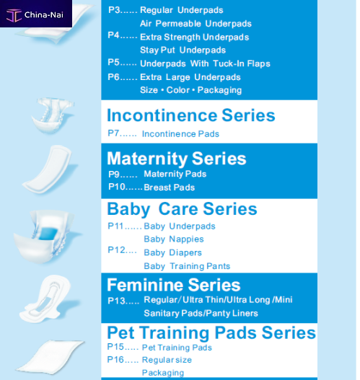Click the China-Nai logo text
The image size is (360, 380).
click(x=44, y=14)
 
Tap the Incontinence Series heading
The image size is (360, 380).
click(x=190, y=115)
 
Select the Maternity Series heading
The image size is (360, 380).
click(x=176, y=159)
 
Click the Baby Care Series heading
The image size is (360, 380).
click(x=182, y=209)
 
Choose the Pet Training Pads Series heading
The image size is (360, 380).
click(x=211, y=332)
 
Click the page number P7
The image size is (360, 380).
click(x=117, y=133)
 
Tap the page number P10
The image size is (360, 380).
click(x=118, y=187)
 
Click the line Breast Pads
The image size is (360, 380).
click(x=169, y=187)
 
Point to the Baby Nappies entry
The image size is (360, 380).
click(x=173, y=239)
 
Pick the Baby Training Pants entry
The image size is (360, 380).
click(x=187, y=266)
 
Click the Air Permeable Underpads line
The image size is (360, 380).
click(x=196, y=24)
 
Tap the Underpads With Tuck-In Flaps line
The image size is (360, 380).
click(x=205, y=63)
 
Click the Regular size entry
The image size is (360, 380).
click(x=167, y=359)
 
